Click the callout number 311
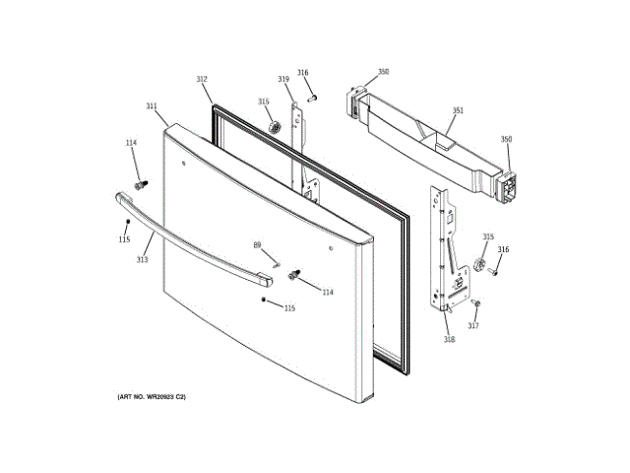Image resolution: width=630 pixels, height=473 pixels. pyautogui.click(x=151, y=106)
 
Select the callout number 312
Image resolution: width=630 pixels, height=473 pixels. pyautogui.click(x=202, y=80)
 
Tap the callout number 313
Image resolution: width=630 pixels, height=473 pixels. pyautogui.click(x=142, y=260)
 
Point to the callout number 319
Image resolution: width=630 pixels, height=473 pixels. pyautogui.click(x=283, y=79)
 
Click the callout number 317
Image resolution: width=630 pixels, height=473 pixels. pyautogui.click(x=473, y=326)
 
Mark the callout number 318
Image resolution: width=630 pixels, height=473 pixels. pyautogui.click(x=449, y=340)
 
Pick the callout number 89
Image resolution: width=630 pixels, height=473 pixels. pyautogui.click(x=257, y=244)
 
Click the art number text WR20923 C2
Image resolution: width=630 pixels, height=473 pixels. pyautogui.click(x=152, y=396)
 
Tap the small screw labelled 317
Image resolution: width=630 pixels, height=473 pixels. pyautogui.click(x=474, y=302)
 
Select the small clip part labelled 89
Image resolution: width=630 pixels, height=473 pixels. pyautogui.click(x=277, y=263)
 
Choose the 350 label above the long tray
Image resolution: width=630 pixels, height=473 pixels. pyautogui.click(x=383, y=72)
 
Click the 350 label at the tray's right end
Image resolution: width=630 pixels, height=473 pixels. pyautogui.click(x=506, y=140)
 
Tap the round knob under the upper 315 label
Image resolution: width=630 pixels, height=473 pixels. pyautogui.click(x=274, y=126)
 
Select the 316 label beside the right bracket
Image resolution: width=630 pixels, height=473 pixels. pyautogui.click(x=503, y=250)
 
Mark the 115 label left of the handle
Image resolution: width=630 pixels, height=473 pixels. pyautogui.click(x=124, y=240)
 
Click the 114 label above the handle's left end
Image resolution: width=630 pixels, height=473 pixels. pyautogui.click(x=130, y=144)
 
